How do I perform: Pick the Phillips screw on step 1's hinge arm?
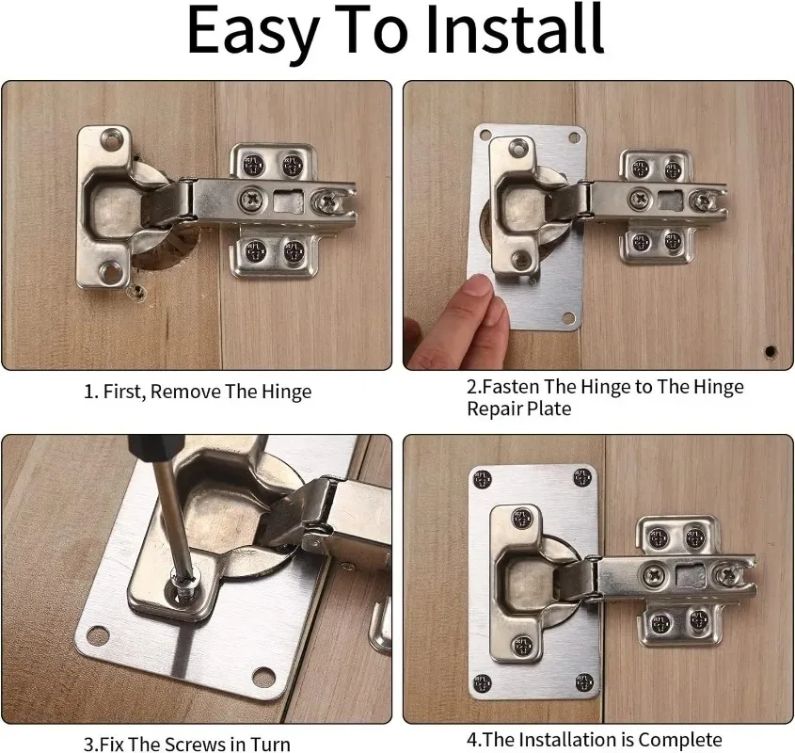tap(253, 198)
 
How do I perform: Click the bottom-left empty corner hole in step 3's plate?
tap(98, 636)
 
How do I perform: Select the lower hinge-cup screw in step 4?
tap(522, 645)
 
